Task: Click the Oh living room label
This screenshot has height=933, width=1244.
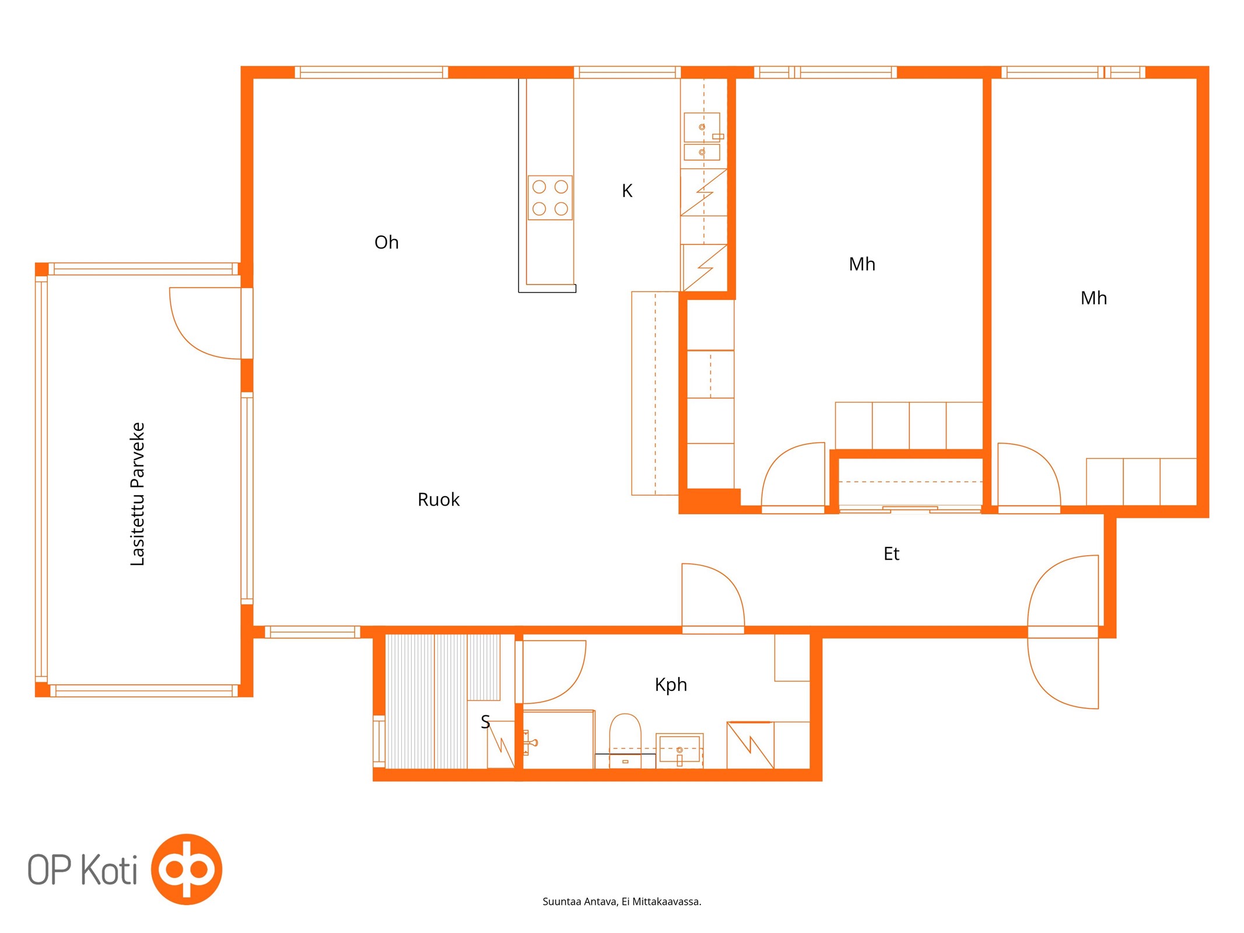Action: point(386,242)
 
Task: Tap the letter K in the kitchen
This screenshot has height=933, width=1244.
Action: point(627,191)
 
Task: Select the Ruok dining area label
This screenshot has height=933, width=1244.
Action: point(439,500)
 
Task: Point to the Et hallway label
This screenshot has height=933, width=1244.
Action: point(891,553)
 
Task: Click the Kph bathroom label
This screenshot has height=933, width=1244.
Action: point(671,685)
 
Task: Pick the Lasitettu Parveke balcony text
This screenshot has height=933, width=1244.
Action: point(137,494)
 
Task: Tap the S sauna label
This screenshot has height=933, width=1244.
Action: point(485,722)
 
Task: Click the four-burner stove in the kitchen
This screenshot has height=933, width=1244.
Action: point(550,198)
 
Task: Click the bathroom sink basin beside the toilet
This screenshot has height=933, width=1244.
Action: point(679,749)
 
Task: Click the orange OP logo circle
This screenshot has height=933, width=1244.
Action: point(187,869)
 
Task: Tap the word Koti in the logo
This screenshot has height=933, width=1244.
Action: point(108,869)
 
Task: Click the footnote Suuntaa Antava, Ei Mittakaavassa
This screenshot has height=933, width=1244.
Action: point(622,902)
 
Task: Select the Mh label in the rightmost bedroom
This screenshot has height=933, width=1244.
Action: point(1094,298)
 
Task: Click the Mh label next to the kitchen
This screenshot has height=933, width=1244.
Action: point(862,264)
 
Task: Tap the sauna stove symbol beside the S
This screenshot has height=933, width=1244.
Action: point(500,744)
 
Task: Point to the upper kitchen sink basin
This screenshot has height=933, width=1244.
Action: point(702,127)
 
